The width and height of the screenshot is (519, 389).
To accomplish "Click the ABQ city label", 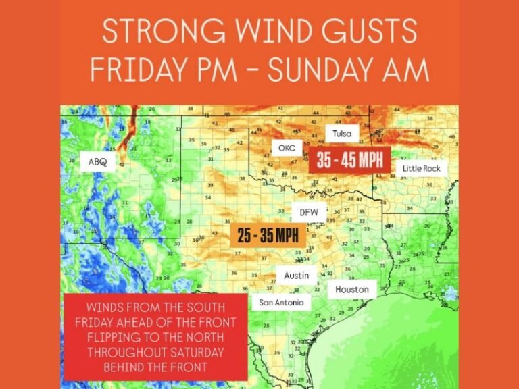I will (98, 161).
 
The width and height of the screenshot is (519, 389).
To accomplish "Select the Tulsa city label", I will (343, 134).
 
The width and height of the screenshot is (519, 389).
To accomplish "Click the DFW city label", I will (309, 212).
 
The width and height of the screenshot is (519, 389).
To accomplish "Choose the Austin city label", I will (297, 276).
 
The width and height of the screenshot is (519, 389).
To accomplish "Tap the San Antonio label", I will (281, 303).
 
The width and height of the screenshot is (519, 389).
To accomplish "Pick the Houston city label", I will (352, 290).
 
